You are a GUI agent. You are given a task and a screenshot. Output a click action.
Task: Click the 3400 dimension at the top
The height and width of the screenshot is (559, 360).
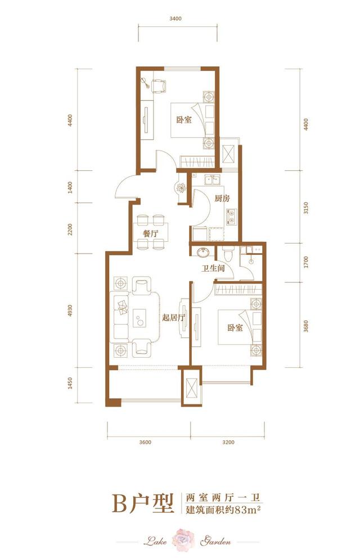click(175, 19)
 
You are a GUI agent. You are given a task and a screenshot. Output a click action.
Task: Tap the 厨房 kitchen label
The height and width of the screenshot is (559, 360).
click(221, 198)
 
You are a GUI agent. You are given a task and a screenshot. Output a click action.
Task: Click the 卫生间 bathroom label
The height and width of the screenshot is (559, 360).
click(213, 269)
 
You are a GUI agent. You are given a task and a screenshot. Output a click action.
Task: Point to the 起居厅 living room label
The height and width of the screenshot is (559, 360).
click(173, 317)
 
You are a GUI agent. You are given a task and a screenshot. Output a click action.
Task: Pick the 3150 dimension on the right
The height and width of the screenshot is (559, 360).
click(307, 208)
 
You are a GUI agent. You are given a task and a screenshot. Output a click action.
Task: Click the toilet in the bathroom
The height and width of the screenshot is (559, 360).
click(228, 253)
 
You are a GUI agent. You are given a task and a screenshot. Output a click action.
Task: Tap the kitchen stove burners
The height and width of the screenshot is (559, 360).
click(231, 216)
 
